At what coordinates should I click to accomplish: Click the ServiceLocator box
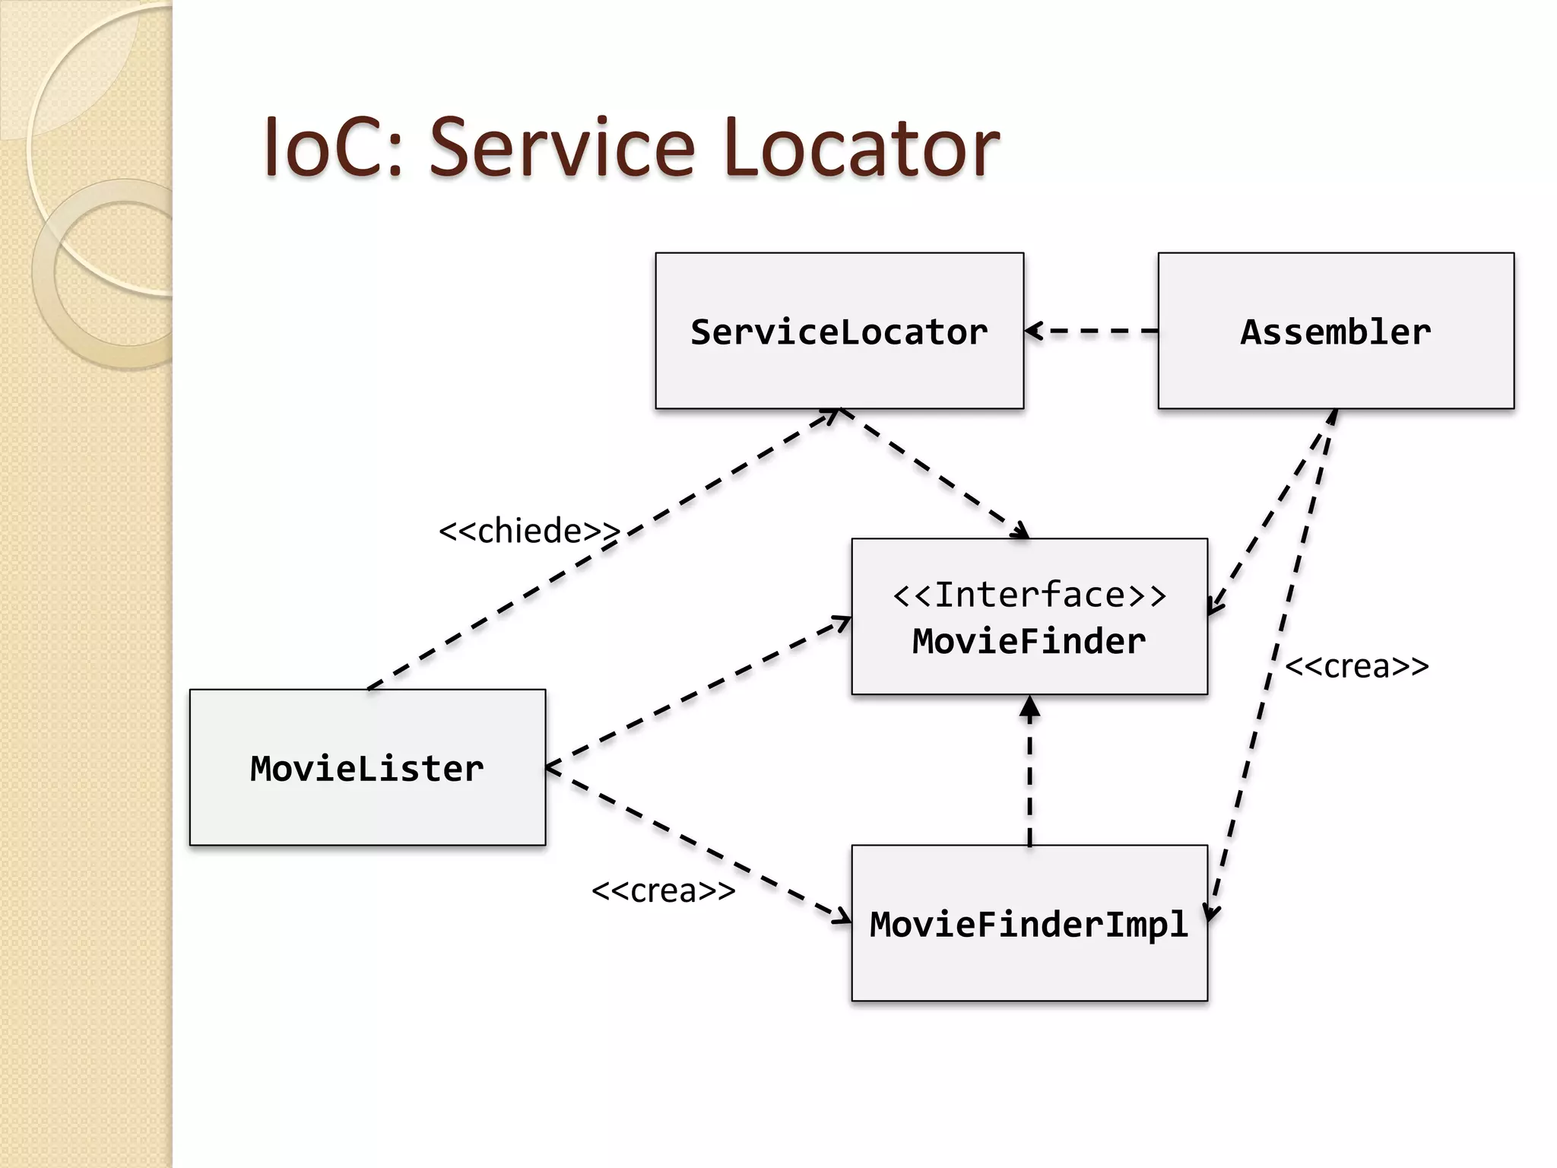839,331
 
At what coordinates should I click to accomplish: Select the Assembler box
1336,331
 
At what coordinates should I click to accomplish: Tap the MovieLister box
367,767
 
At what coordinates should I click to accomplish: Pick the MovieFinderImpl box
1029,923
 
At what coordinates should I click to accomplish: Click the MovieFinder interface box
1029,617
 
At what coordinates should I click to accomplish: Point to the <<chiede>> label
529,531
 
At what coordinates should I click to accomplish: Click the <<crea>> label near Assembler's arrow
1356,666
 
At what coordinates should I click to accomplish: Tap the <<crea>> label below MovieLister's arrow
663,890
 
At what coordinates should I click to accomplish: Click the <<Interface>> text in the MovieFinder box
1029,595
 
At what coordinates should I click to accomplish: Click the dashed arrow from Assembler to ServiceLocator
1092,331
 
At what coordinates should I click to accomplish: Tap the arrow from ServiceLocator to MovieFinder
935,474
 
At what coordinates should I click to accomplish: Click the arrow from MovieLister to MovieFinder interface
698,693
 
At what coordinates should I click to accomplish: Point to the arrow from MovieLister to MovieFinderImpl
698,845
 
